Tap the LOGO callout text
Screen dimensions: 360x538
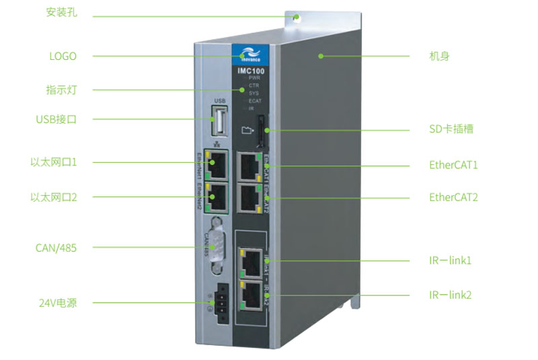(x=63, y=56)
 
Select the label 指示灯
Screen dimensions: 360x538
(x=60, y=89)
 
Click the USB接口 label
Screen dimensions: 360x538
(x=56, y=120)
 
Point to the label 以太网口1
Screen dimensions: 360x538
(x=54, y=162)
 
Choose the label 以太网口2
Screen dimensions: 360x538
(x=54, y=197)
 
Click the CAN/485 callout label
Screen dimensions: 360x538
(x=56, y=248)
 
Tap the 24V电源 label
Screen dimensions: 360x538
(x=57, y=303)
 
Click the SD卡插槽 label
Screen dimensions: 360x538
(x=451, y=129)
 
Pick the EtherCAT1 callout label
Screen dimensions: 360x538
(x=453, y=164)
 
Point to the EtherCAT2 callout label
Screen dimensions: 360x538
(x=453, y=197)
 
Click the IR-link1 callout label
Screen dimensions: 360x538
(x=450, y=260)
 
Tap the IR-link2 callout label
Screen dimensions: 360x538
(x=450, y=295)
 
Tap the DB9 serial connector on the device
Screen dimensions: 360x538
(x=216, y=246)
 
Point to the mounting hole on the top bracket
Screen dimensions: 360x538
(x=296, y=16)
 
